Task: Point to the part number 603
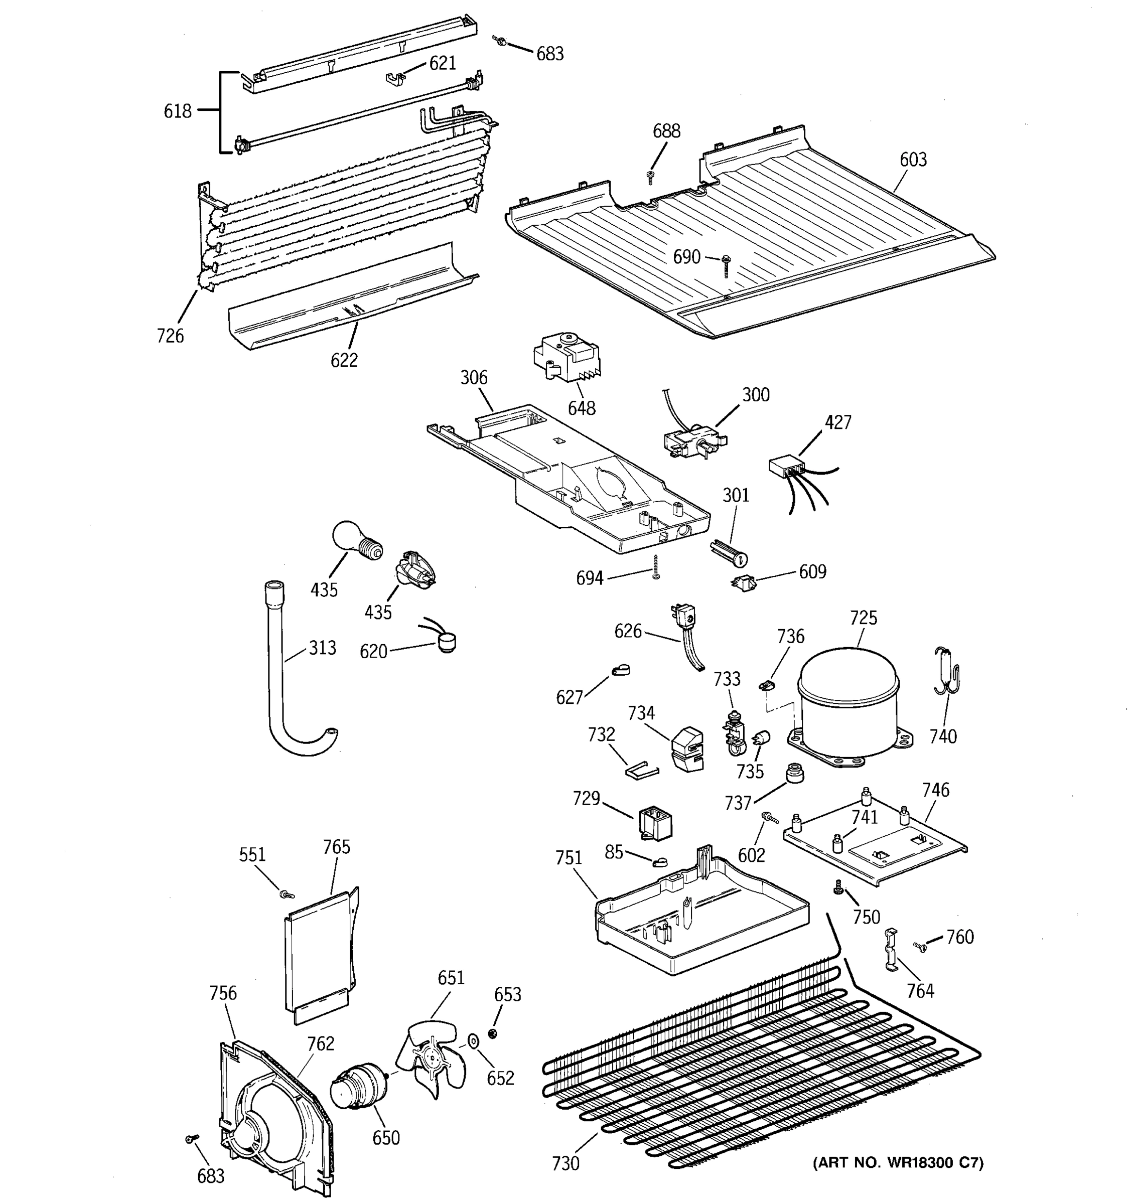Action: [x=912, y=160]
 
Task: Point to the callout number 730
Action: [x=565, y=1163]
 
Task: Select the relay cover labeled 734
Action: [x=688, y=749]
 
